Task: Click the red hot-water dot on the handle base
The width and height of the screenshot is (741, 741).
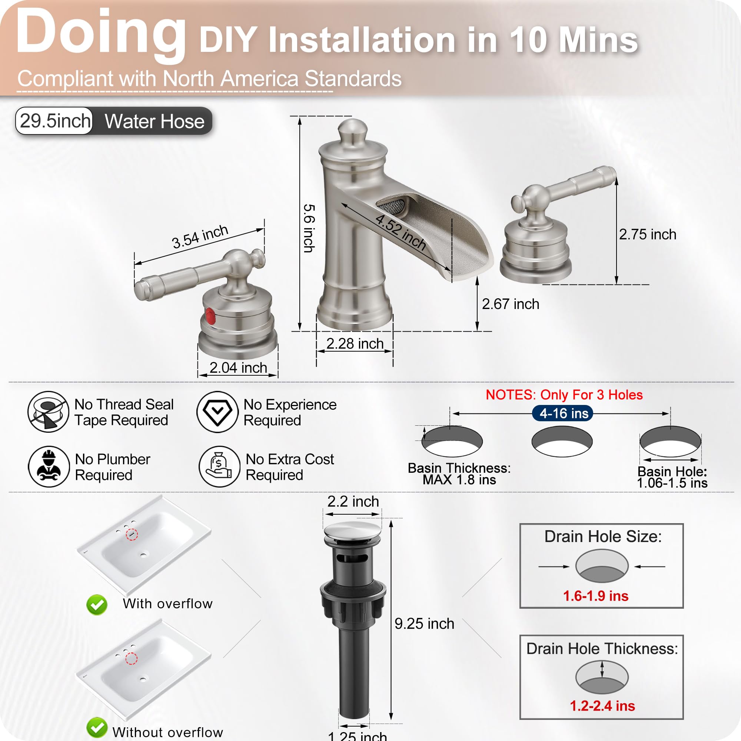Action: tap(210, 316)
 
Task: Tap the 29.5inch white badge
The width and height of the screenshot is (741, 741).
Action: tap(54, 121)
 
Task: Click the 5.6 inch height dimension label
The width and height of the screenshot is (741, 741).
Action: tap(309, 228)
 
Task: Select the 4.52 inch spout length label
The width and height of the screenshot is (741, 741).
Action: tap(401, 232)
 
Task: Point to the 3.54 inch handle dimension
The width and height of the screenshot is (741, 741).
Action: tap(200, 237)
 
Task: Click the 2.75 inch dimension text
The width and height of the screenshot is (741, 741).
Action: tap(647, 235)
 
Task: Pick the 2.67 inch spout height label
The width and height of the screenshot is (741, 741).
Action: tap(511, 304)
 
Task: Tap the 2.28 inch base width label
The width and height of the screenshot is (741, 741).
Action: tap(355, 343)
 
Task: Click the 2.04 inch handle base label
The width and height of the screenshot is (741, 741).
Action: tap(238, 368)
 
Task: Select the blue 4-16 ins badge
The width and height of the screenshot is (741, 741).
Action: tap(562, 413)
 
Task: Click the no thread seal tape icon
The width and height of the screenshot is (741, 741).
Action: tap(48, 412)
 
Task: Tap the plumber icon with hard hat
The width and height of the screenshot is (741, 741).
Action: tap(49, 466)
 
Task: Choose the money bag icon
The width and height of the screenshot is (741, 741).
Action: tap(219, 466)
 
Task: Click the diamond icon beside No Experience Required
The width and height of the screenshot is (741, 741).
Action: tap(217, 412)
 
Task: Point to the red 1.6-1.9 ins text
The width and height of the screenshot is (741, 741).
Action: tap(596, 596)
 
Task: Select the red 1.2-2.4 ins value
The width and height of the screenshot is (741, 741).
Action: tap(602, 706)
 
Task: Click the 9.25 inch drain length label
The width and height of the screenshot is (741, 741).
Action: tap(424, 624)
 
